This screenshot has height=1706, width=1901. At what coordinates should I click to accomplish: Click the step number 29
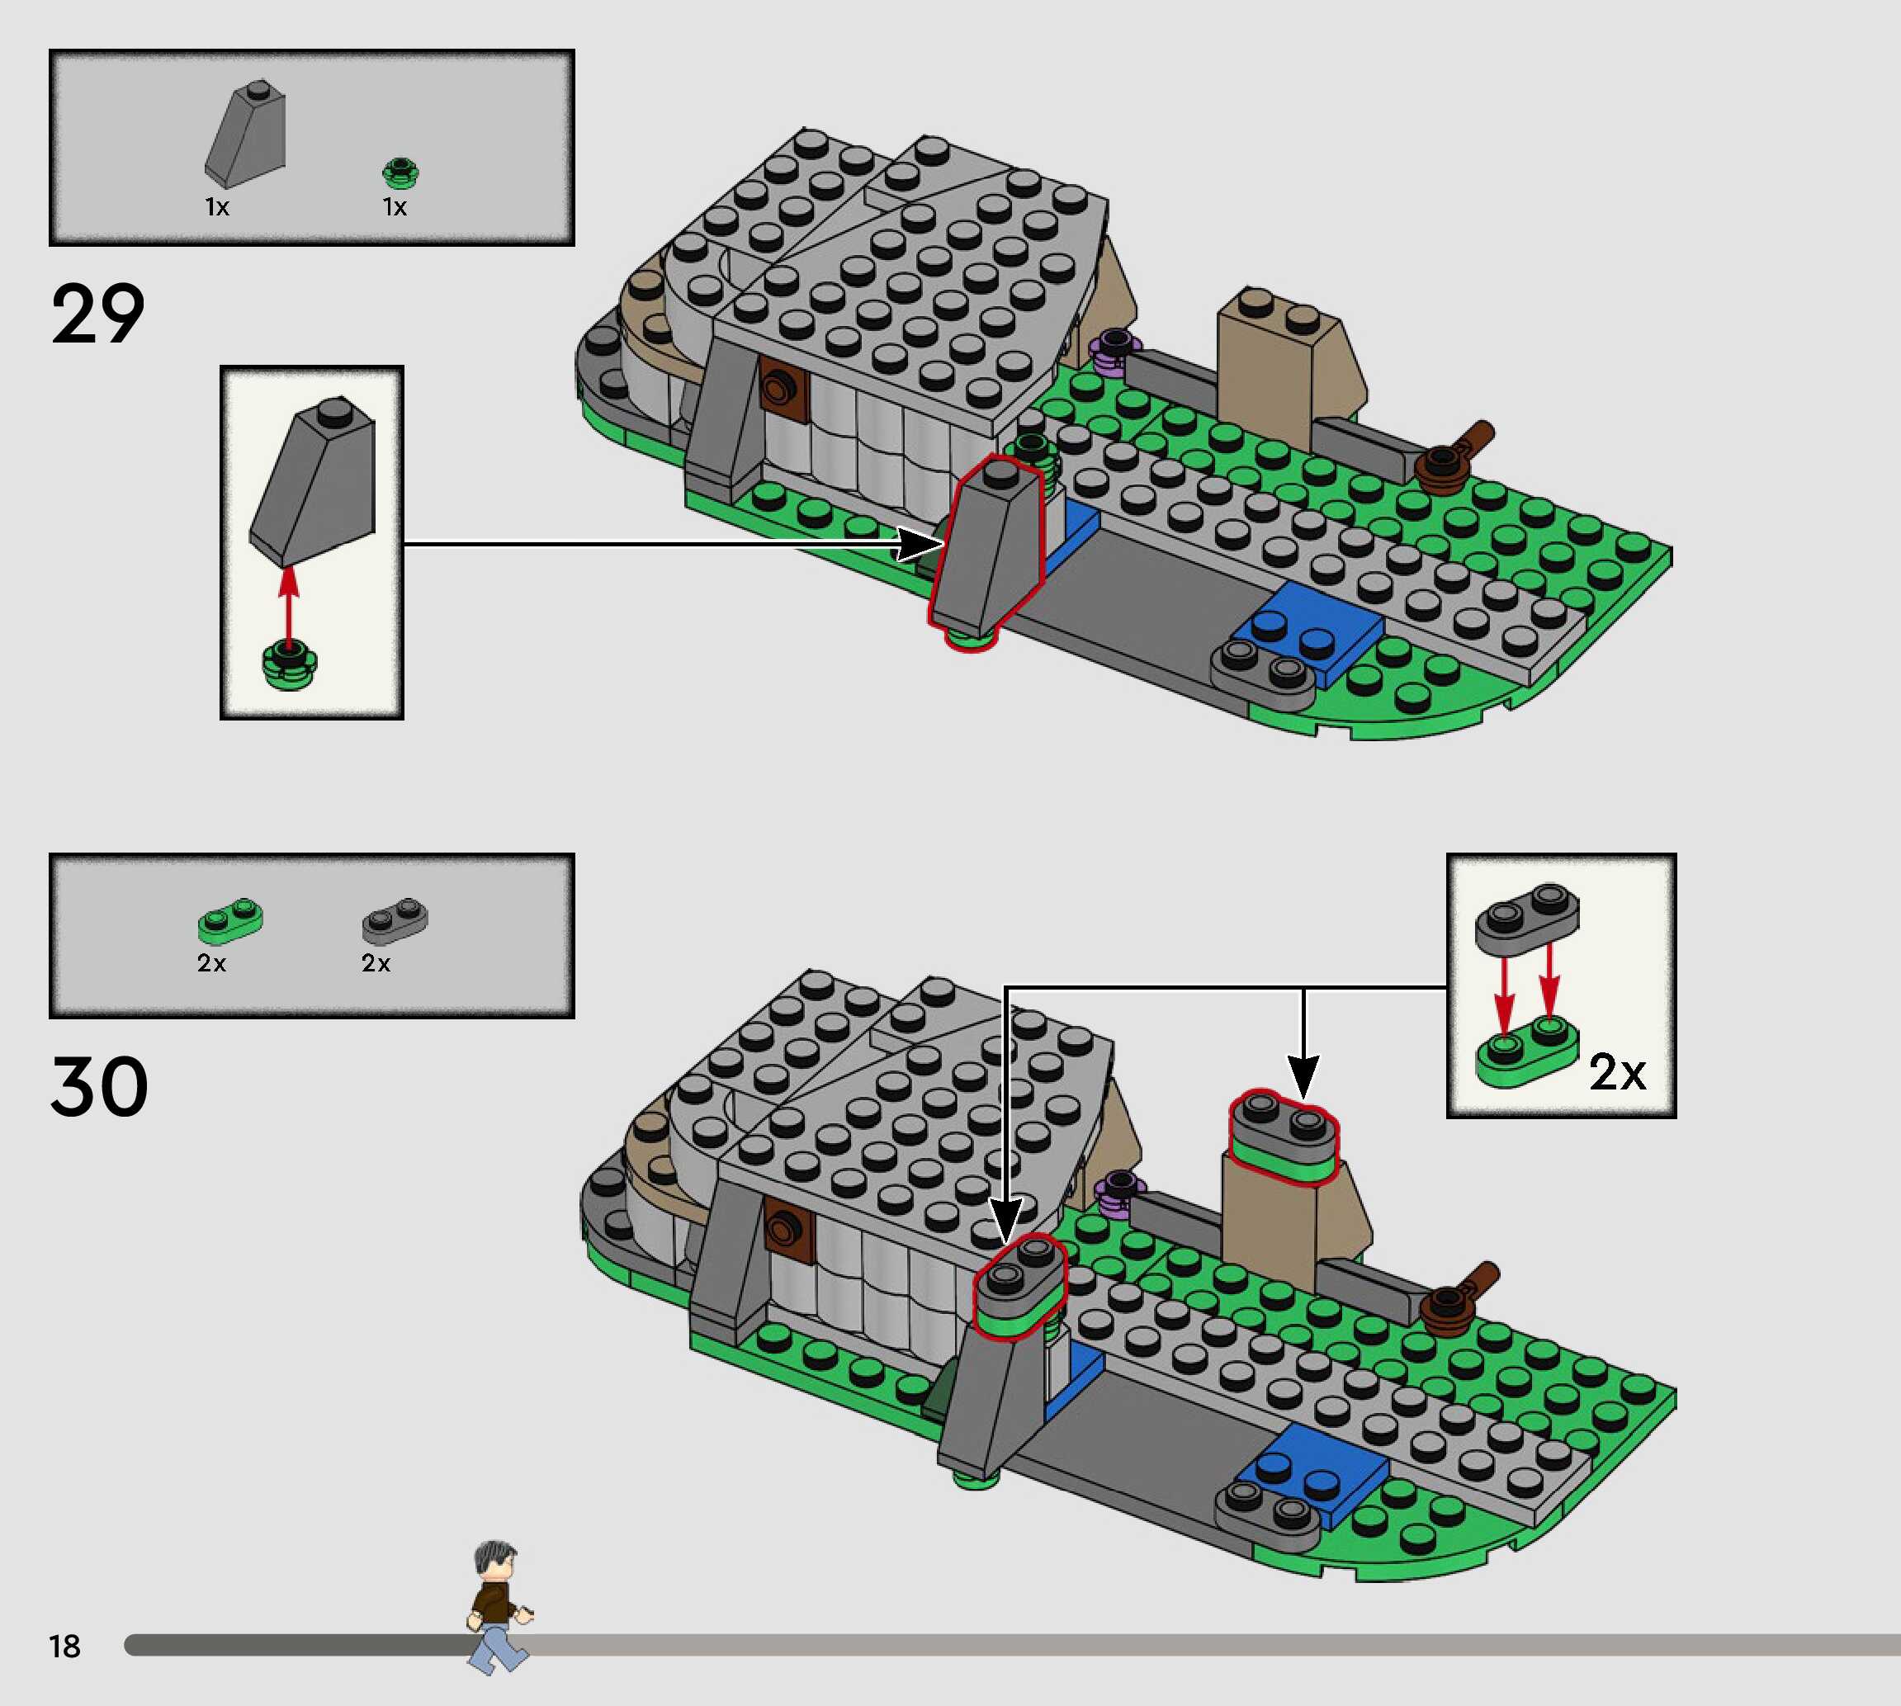point(97,313)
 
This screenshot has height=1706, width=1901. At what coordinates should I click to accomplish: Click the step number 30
point(98,1087)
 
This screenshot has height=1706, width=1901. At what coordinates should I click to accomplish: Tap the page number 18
point(64,1646)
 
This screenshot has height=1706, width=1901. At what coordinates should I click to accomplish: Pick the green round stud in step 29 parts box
point(400,173)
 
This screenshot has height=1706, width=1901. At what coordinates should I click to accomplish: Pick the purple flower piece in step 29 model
point(1114,352)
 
